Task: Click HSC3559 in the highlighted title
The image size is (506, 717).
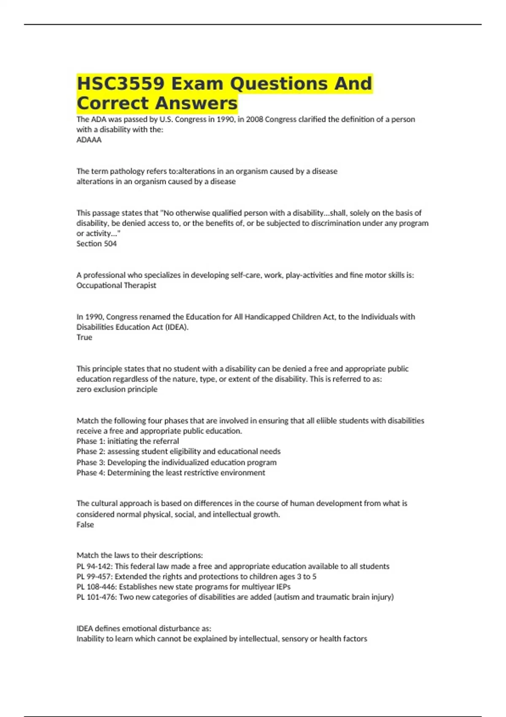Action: point(120,84)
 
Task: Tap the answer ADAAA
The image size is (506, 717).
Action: point(89,140)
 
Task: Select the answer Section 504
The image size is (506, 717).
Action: point(97,244)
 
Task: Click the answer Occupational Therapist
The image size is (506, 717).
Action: point(116,286)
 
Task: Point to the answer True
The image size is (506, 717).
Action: point(84,337)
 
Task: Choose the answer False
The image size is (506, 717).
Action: point(85,525)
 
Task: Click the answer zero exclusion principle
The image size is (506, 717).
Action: point(117,389)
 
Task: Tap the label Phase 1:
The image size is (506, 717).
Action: point(91,441)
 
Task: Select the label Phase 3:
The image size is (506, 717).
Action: point(91,462)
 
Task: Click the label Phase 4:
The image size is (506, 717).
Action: point(91,473)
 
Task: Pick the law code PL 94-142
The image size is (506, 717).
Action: point(94,566)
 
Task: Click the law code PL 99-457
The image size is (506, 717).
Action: point(94,577)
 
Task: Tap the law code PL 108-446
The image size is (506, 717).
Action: point(97,587)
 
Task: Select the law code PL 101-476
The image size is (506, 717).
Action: point(97,597)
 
